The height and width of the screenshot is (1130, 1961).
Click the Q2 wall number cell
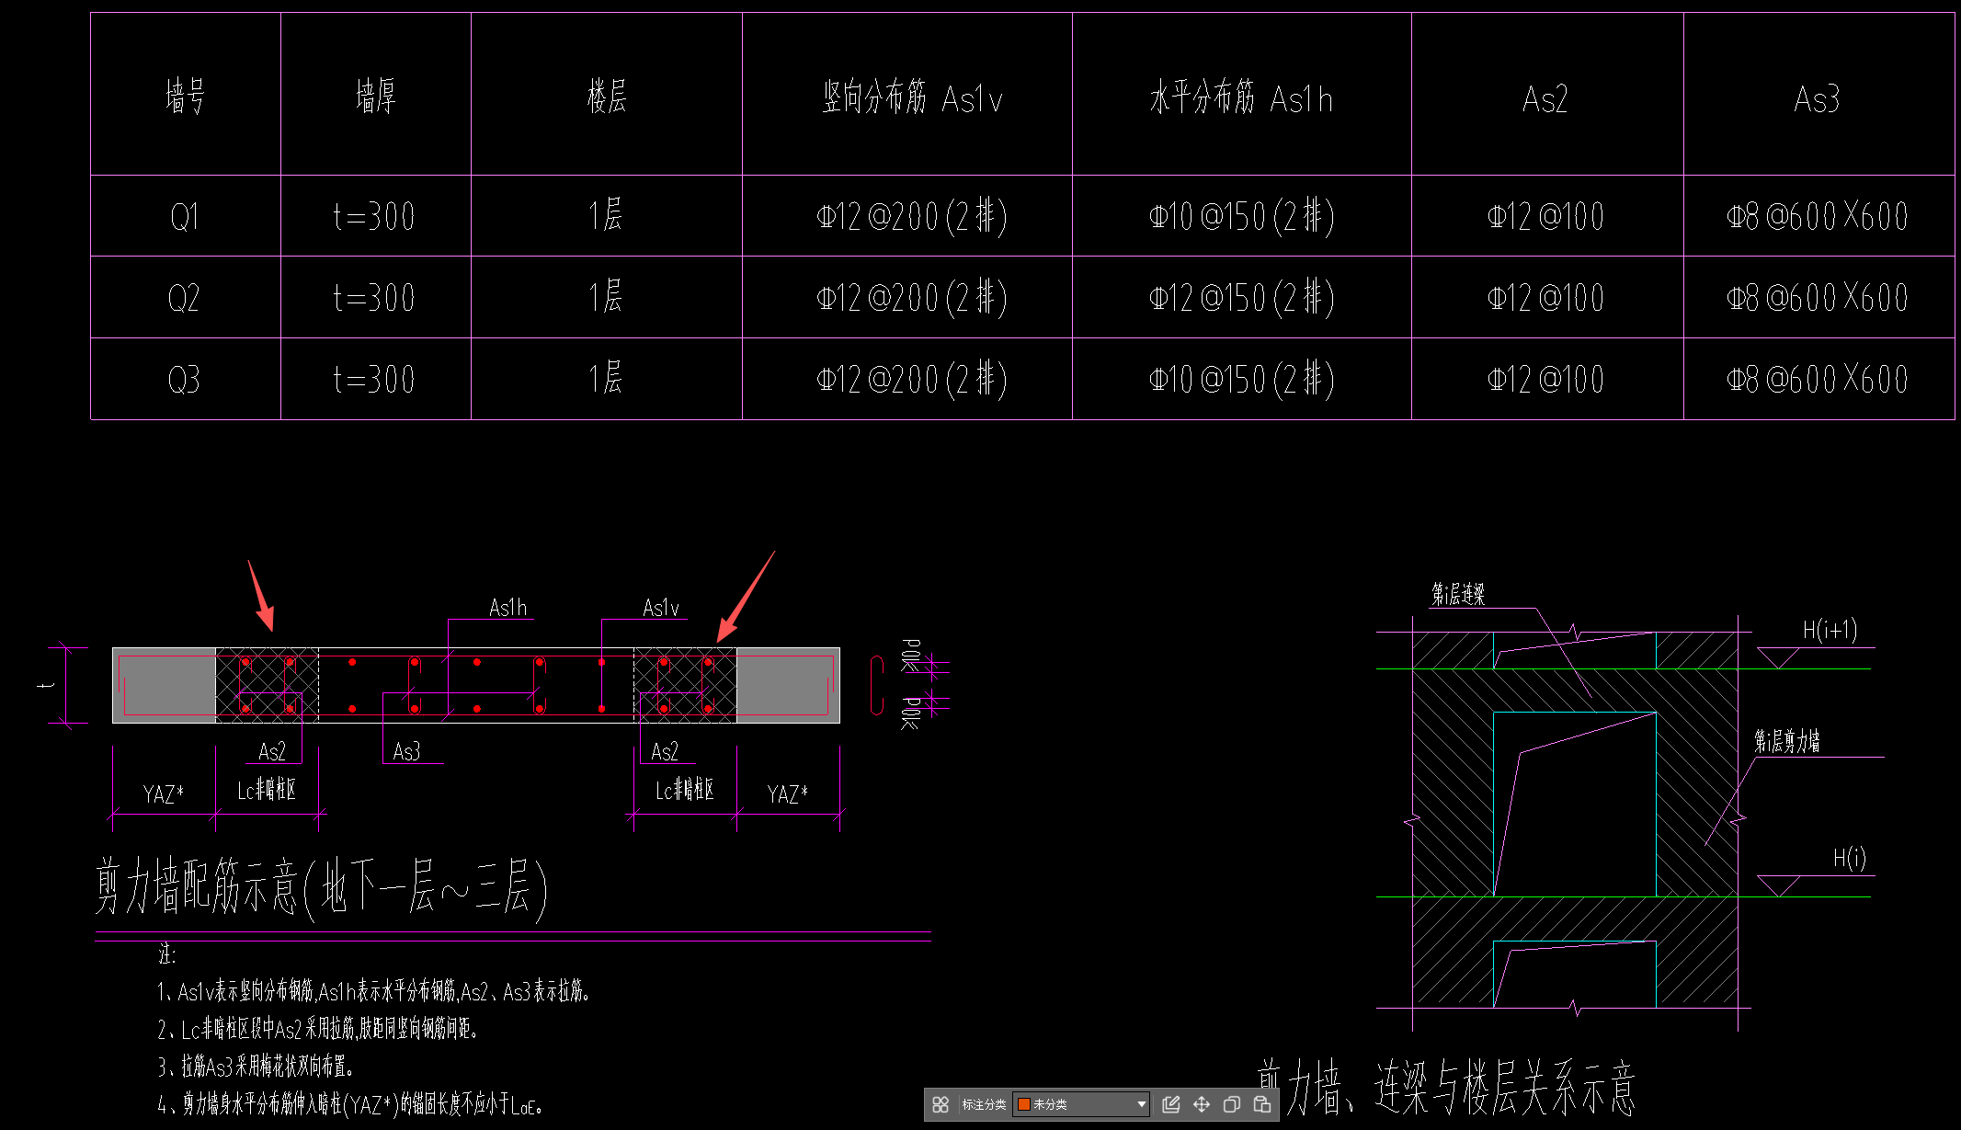(184, 298)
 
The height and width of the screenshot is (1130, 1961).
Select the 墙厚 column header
(375, 97)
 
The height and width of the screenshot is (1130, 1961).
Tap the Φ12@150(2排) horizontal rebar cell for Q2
(1241, 298)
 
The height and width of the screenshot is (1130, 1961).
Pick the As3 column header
(1817, 98)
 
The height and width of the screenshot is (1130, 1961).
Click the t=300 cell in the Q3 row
(374, 379)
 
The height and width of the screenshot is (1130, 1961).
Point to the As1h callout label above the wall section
(507, 608)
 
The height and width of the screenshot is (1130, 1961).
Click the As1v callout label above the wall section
(661, 608)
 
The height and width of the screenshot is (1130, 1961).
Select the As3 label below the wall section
(406, 752)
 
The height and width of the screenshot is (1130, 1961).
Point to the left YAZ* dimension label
(163, 794)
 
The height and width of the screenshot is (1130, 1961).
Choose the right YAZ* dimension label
(787, 794)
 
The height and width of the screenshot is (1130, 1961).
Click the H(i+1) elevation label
(1829, 630)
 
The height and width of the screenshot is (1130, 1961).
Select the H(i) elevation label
(1849, 858)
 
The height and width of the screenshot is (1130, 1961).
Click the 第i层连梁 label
(1457, 595)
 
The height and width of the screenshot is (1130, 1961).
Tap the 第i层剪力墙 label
(1786, 741)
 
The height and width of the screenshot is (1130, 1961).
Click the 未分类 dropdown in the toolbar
(1080, 1104)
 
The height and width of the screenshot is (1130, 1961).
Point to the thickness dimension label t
(48, 685)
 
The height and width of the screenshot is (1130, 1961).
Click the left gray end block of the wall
(164, 685)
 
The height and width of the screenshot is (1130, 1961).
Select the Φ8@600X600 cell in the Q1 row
(1817, 217)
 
